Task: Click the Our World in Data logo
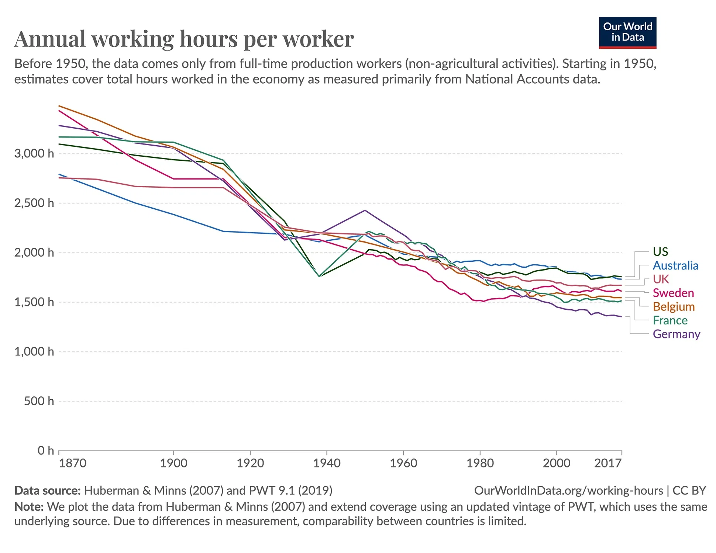627,32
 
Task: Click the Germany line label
676,334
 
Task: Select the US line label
660,252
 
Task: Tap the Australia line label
675,265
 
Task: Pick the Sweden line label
673,293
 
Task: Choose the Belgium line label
674,307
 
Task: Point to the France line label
670,320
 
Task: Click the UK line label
661,279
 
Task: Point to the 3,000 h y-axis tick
34,153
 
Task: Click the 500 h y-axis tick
39,401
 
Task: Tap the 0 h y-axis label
46,451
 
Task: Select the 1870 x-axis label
72,463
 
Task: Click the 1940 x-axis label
327,463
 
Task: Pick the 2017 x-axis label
607,463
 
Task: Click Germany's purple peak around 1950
365,210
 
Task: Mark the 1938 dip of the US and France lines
319,276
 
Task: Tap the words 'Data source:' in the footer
47,491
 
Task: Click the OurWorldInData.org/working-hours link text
568,491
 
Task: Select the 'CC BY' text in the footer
689,491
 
